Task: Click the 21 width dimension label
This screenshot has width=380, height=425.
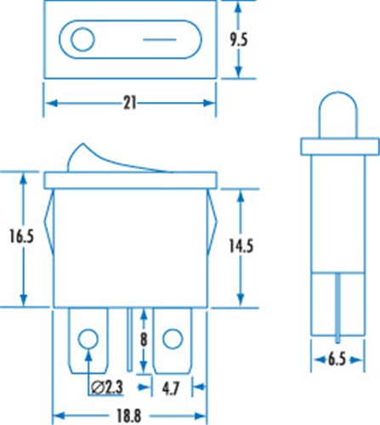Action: point(130,103)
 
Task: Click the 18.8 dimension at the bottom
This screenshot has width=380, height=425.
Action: point(131,416)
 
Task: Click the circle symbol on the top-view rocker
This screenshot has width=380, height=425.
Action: point(83,40)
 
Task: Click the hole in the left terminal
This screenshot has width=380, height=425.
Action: point(86,341)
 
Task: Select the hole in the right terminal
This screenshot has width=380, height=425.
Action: point(173,341)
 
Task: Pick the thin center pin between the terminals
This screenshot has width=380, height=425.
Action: point(130,336)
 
